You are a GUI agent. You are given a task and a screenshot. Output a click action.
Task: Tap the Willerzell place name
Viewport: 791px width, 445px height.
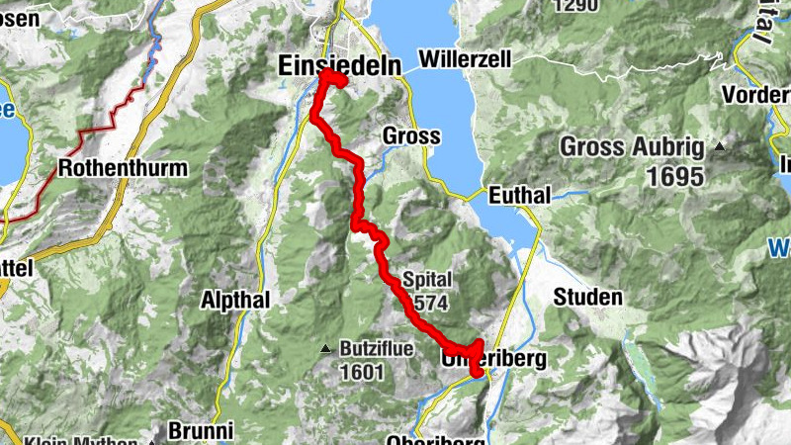465,59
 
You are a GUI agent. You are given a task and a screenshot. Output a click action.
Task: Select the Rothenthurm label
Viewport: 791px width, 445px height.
123,168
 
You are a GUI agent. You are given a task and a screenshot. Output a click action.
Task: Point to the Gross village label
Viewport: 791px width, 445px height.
410,135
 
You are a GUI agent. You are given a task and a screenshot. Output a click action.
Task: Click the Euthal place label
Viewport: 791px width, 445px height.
518,196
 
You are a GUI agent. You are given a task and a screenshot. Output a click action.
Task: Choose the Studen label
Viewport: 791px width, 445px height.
588,297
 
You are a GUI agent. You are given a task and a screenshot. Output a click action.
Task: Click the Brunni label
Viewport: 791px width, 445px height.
201,431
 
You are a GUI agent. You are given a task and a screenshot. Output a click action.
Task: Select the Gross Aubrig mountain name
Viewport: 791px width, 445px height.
633,148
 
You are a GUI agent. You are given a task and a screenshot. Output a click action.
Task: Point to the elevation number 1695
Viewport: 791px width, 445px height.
670,177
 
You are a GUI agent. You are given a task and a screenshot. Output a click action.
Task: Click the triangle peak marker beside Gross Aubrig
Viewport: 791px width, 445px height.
720,148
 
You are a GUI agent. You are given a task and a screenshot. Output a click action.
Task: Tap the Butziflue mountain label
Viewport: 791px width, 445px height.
377,349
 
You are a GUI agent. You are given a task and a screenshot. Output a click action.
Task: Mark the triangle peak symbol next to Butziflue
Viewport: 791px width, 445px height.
325,349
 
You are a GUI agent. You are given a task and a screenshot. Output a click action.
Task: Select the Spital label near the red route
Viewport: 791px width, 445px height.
427,279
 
